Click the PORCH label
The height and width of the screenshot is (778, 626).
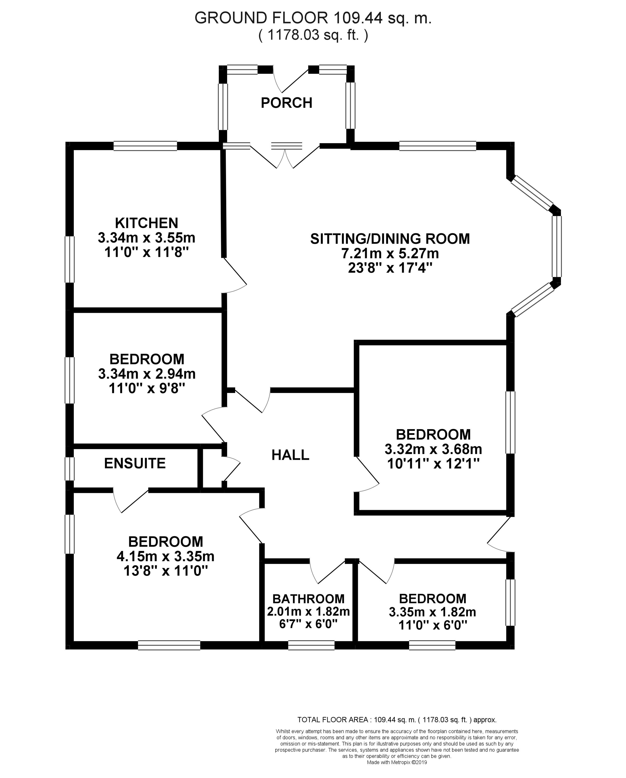[x=286, y=103]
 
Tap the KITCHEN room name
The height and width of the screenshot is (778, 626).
[x=146, y=223]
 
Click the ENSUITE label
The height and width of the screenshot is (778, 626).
[x=135, y=463]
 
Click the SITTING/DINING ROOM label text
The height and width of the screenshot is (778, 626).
[x=390, y=239]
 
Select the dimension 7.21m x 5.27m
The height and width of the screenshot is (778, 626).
[x=390, y=253]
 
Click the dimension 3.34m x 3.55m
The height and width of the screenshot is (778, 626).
[x=146, y=238]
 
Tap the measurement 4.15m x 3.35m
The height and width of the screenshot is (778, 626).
[x=165, y=556]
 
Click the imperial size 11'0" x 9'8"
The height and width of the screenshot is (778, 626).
[x=146, y=389]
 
